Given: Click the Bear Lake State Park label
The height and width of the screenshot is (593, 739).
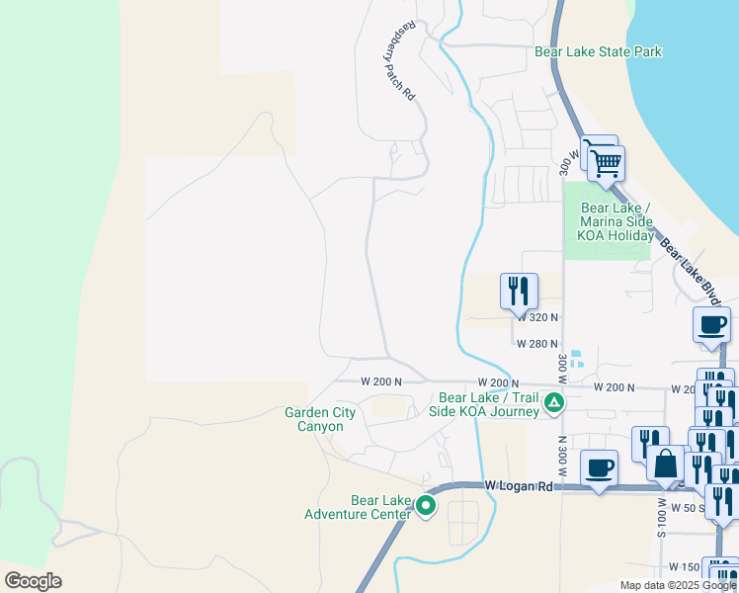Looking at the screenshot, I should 598,51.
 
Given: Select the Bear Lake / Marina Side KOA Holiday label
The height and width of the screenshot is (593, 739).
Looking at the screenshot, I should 616,222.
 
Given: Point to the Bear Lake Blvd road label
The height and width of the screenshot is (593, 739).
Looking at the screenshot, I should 690,270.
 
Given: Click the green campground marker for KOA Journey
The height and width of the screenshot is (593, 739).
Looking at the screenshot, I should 555,403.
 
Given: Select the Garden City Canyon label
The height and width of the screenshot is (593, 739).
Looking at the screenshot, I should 314,419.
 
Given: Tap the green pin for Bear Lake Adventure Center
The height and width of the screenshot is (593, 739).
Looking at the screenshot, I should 426,506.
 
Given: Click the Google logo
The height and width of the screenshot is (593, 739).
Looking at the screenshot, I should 33,581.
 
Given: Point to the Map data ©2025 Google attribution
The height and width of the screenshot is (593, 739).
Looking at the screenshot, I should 678,585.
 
